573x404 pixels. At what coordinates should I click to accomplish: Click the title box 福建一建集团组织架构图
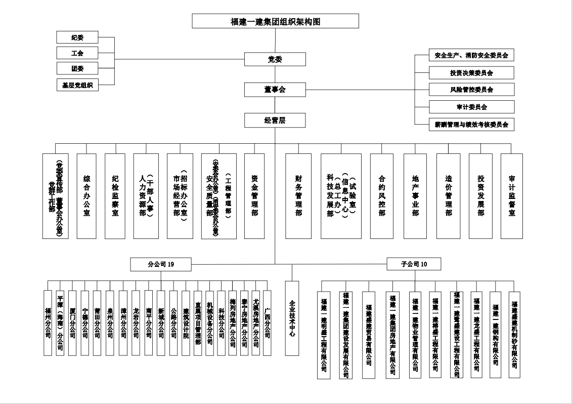point(275,21)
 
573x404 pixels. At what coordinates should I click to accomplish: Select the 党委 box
point(275,59)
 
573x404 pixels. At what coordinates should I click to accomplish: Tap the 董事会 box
point(275,90)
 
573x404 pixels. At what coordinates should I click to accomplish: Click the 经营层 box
point(275,120)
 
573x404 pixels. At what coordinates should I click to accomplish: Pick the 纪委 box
point(77,37)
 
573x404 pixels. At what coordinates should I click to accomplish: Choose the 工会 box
point(77,53)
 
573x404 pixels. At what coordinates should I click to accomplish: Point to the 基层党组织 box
point(77,85)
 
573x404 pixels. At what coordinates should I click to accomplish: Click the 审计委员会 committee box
point(471,107)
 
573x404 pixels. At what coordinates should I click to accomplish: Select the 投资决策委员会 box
point(471,73)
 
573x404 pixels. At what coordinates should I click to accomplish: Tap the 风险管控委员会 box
point(471,90)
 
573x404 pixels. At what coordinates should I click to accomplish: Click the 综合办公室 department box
point(86,196)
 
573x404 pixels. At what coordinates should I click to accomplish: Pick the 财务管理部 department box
point(298,196)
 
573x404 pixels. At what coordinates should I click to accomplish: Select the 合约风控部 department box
point(382,196)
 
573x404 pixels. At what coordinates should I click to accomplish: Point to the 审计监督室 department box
point(512,196)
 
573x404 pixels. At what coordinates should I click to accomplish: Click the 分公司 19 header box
point(161,264)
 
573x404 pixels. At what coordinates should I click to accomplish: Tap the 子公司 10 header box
point(414,264)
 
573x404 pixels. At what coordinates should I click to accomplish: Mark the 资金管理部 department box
point(254,196)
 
